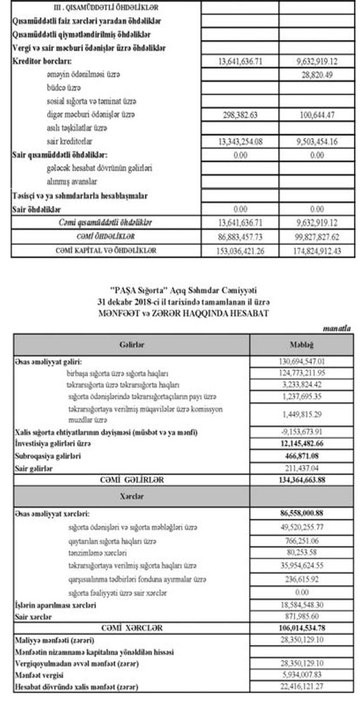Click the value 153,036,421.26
[239, 251]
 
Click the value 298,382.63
[239, 114]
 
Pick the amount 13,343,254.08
[239, 141]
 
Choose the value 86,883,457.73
[239, 237]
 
